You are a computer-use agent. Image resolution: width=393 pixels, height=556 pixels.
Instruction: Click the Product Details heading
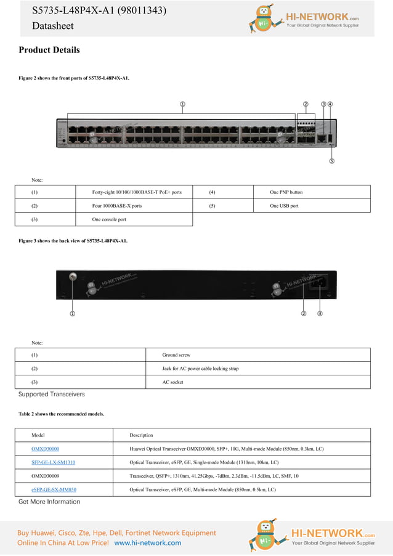[49, 50]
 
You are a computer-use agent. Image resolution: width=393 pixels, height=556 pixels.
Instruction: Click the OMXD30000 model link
[45, 449]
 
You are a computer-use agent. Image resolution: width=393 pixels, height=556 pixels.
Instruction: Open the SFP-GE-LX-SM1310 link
[53, 462]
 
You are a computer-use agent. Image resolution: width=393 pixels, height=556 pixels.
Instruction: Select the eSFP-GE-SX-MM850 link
[54, 489]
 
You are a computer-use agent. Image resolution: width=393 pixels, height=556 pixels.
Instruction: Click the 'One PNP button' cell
[286, 192]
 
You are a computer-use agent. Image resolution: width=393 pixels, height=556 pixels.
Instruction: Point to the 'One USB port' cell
[284, 206]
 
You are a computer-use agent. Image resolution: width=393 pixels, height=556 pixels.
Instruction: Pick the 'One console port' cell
[109, 219]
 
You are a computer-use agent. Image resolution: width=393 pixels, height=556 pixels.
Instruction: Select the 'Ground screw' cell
[176, 355]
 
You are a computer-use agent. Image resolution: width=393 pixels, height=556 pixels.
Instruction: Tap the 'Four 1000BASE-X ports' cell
[117, 206]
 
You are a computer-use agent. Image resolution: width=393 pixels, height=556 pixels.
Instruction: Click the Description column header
[141, 435]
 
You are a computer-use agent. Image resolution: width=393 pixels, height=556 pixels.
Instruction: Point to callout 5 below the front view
[331, 161]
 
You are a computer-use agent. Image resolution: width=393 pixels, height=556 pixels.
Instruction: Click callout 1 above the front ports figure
[182, 104]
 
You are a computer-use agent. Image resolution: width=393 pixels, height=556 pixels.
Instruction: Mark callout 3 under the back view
[320, 314]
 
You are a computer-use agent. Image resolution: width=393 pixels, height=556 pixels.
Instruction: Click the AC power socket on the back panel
[320, 284]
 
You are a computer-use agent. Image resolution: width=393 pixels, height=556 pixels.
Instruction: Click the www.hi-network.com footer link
[148, 543]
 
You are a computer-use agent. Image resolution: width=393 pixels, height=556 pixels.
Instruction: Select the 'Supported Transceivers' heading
[51, 394]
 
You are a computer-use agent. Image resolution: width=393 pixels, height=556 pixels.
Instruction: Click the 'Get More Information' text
[49, 502]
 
